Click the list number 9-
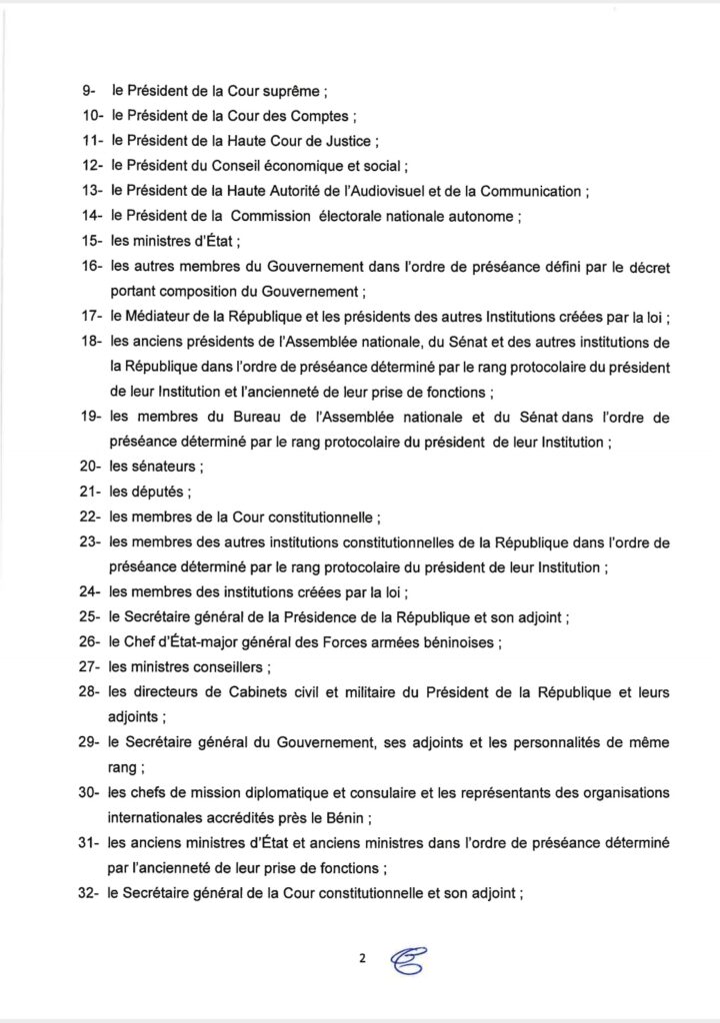(88, 90)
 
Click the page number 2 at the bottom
(361, 959)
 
